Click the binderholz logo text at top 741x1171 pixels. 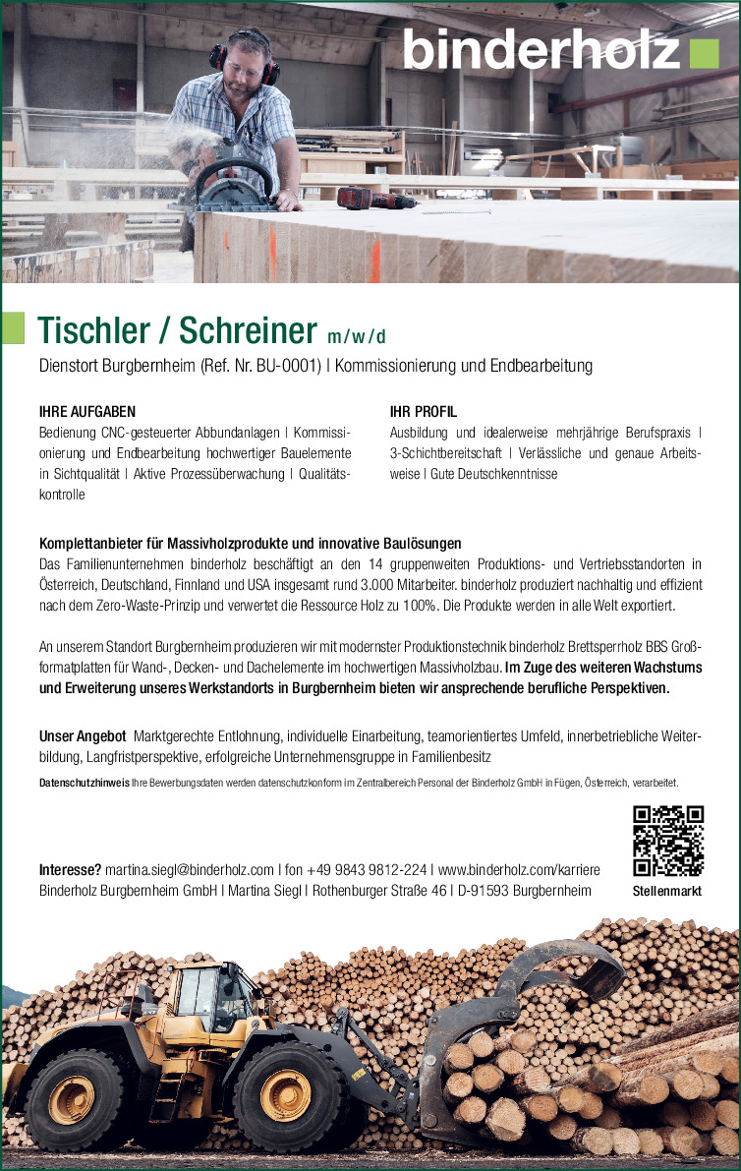[541, 49]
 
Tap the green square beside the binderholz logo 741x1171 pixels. [704, 53]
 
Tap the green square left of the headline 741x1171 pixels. [13, 327]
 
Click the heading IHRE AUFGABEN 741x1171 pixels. [87, 412]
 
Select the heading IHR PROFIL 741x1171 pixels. [424, 412]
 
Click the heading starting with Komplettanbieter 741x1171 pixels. [250, 544]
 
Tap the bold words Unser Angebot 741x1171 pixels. [83, 735]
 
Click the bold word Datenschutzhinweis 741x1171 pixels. [84, 783]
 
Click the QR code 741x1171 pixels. [668, 841]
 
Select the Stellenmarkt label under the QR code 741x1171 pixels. [668, 892]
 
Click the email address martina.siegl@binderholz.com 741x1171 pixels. [190, 870]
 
